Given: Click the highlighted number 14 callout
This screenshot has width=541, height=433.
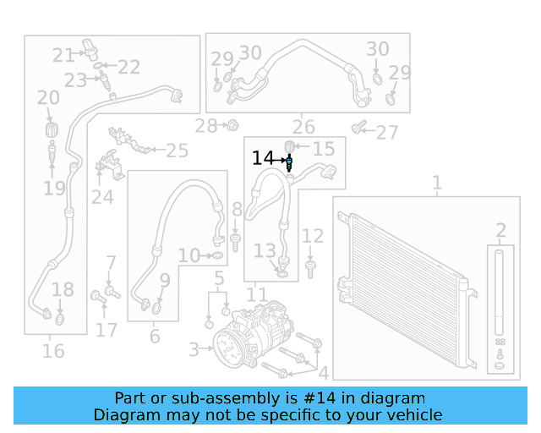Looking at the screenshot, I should click(263, 158).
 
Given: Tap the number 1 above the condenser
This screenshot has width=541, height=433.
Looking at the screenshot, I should click(436, 182).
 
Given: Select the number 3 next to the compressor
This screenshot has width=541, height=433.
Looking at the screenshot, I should click(194, 348).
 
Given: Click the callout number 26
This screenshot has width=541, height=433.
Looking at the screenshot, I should click(303, 127).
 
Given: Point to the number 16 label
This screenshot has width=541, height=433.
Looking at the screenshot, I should click(52, 349).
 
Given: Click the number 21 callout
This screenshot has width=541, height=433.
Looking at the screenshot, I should click(63, 56).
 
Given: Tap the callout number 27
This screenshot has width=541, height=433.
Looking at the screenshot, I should click(386, 132).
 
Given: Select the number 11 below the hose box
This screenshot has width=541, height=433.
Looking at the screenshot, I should click(256, 295).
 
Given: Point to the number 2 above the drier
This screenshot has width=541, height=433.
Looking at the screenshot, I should click(500, 230).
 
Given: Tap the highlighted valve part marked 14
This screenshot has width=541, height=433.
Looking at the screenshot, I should click(289, 162).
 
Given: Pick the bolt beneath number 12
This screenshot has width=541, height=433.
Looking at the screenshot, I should click(312, 269).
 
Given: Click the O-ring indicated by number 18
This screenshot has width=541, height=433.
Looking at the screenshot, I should click(60, 320).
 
